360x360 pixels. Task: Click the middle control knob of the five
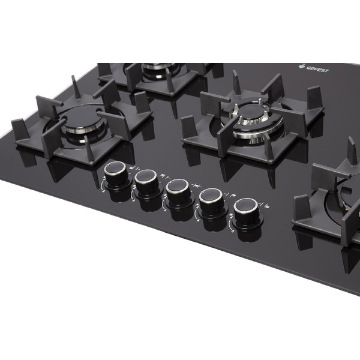coord(179,193)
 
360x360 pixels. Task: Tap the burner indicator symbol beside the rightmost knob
coord(265,205)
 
